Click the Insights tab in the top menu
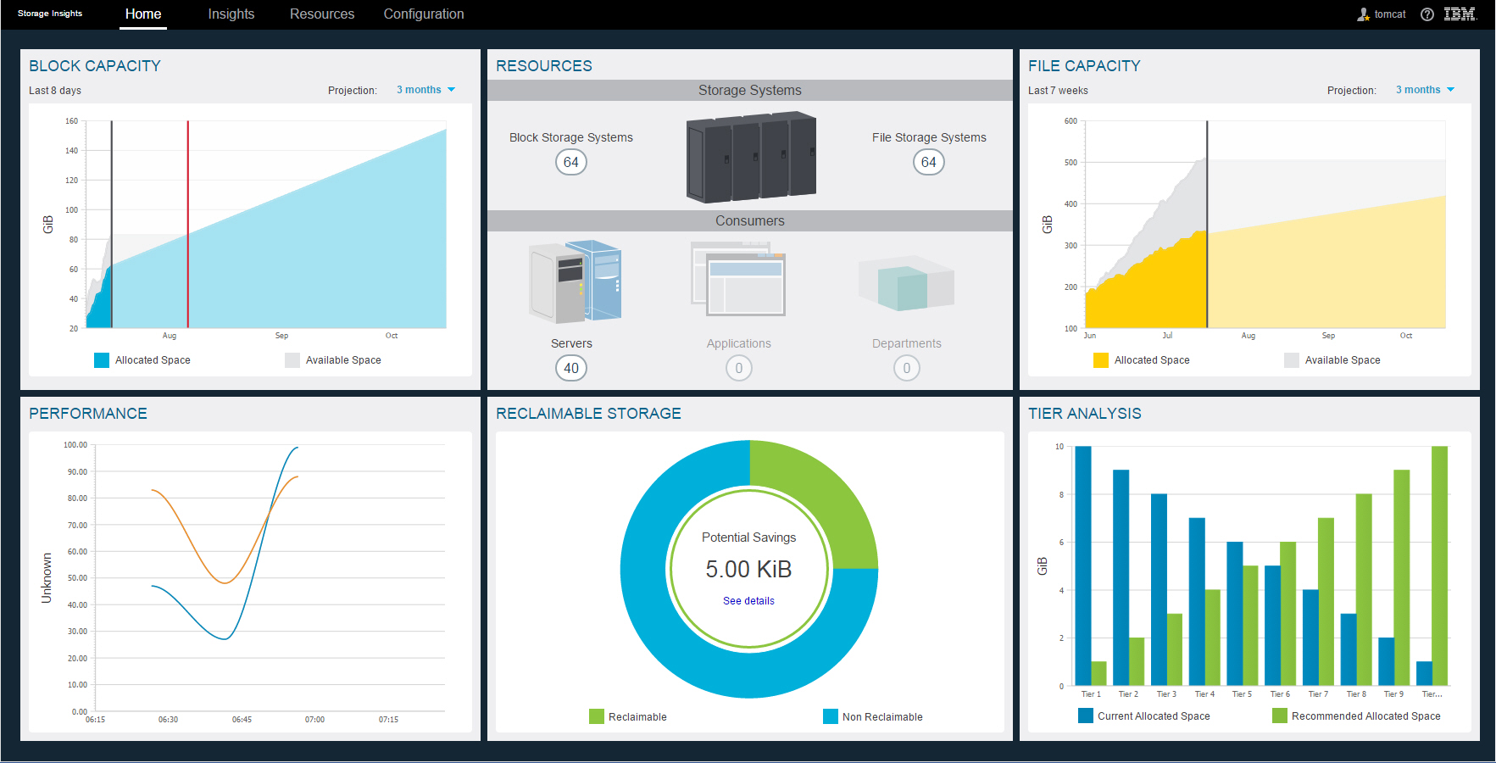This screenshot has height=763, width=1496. (231, 14)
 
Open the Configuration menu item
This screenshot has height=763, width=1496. (423, 14)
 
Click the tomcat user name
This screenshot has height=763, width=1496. (1389, 14)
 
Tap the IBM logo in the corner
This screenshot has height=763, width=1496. (1460, 14)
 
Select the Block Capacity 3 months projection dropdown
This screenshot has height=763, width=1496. (425, 90)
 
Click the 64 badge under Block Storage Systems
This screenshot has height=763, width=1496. (571, 162)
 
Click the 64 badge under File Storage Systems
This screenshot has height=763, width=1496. (928, 162)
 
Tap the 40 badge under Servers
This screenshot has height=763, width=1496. (571, 368)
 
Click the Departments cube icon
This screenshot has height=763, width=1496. (906, 285)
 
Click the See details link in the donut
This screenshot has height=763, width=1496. (748, 601)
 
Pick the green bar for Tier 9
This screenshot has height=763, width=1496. (1402, 576)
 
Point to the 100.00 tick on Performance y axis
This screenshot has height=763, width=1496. (75, 445)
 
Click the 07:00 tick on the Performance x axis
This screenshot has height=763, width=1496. (314, 720)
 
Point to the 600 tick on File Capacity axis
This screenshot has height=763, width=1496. (1071, 121)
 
